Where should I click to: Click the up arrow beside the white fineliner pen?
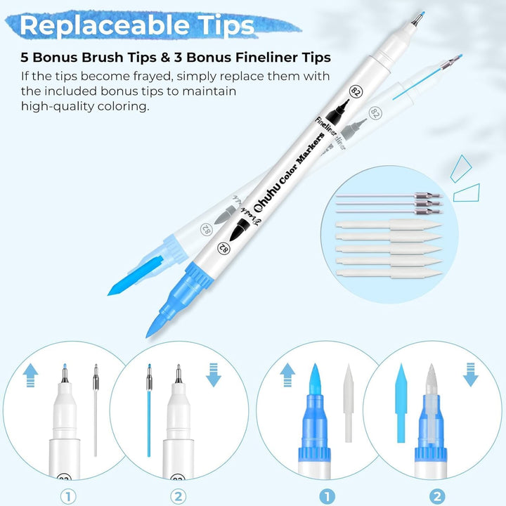(x=30, y=379)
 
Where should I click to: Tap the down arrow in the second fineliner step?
(x=214, y=379)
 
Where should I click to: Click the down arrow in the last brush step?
(x=471, y=379)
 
